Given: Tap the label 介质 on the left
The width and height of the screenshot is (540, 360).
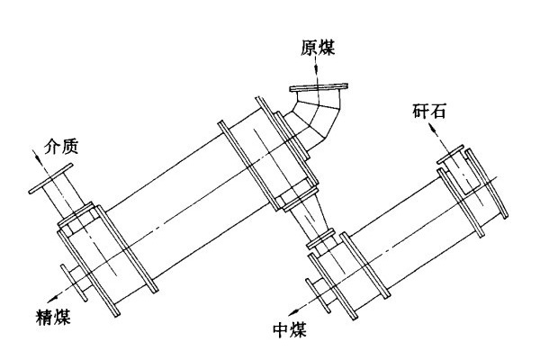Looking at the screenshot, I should coord(61,144).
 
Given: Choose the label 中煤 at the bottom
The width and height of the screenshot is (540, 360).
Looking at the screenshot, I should coord(288,329).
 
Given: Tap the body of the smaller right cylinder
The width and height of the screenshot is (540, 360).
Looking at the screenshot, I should coord(405,243).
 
